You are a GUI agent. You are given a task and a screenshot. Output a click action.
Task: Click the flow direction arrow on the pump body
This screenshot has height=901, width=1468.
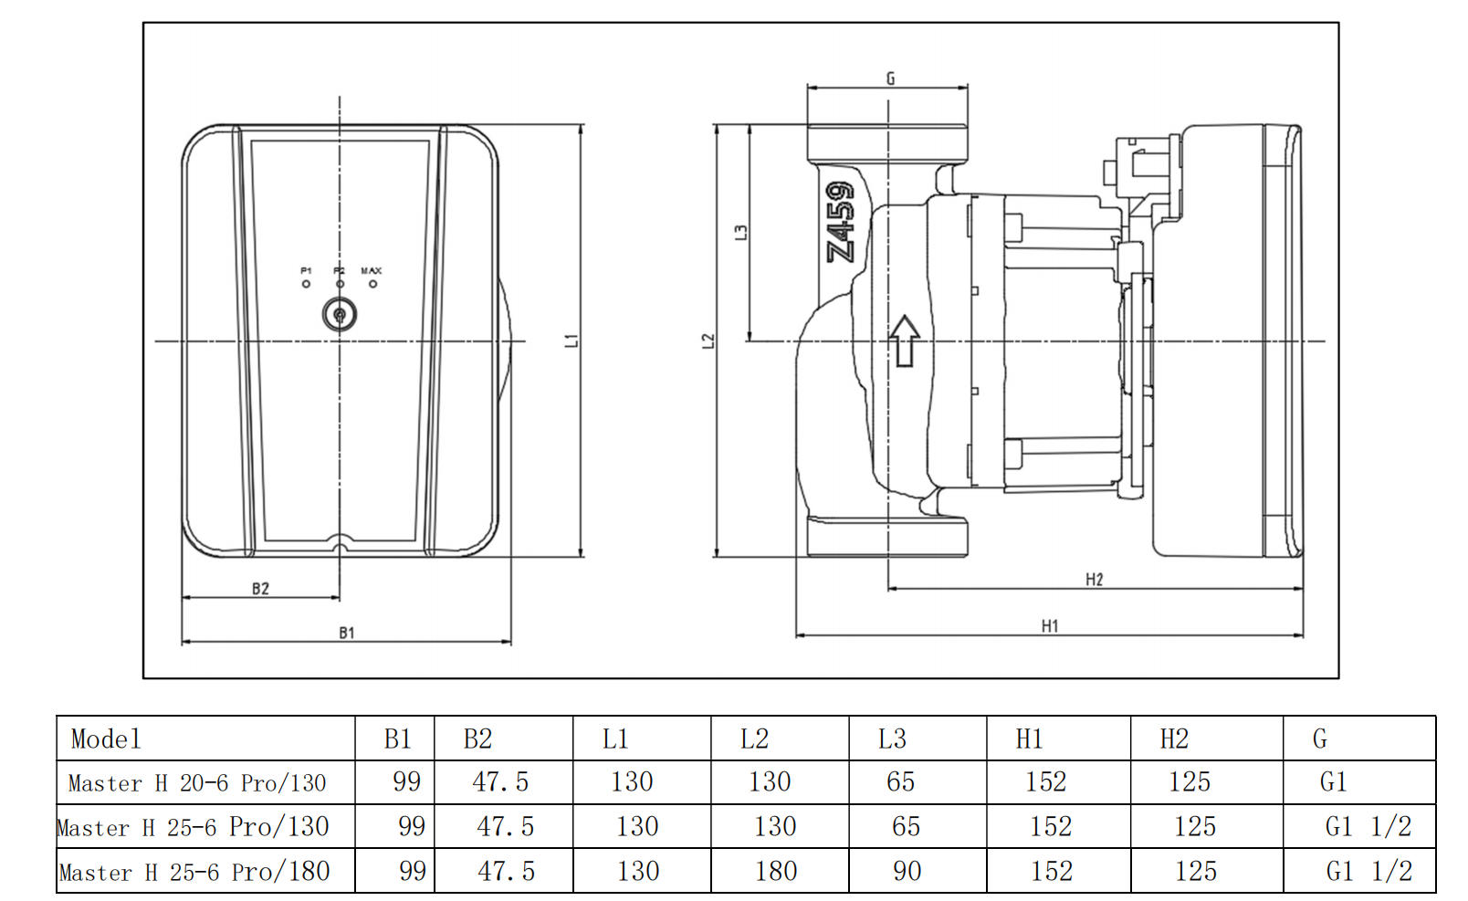coord(904,340)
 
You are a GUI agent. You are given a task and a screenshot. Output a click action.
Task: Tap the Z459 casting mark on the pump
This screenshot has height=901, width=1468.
coord(840,222)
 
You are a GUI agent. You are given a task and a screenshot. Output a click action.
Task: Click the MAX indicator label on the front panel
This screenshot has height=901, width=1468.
coord(372,271)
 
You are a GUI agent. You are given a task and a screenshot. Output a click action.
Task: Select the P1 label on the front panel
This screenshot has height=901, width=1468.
coord(306,271)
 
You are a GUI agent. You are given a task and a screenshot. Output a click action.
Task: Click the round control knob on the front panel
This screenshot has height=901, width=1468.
coord(340,315)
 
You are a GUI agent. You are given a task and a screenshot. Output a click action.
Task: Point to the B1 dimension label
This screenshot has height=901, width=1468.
coord(347,632)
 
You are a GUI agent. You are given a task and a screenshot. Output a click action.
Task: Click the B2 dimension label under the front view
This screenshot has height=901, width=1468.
coord(261,589)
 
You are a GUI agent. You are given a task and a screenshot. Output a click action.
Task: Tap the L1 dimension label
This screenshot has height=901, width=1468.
coord(571,340)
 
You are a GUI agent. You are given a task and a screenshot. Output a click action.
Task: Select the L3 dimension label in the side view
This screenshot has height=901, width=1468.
coord(741,233)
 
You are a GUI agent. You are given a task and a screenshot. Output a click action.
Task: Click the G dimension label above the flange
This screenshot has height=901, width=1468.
coord(890,79)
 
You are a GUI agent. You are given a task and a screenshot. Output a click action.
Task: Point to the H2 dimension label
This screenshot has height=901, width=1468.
coord(1094,579)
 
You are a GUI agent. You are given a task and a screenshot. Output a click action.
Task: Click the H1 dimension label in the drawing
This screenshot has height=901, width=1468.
coord(1050,625)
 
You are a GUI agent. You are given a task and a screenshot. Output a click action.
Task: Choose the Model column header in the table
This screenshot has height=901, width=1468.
coord(106,739)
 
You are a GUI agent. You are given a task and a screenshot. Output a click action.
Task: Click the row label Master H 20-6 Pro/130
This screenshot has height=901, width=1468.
coord(197,782)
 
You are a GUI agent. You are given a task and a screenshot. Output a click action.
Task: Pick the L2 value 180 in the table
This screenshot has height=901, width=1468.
coord(776,871)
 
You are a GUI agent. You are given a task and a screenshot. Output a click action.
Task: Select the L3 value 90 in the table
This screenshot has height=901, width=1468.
coord(907,871)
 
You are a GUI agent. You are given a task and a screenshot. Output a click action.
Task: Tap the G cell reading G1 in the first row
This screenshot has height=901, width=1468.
coord(1333,782)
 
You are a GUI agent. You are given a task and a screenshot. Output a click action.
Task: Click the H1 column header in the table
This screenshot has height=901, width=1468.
coord(1029,739)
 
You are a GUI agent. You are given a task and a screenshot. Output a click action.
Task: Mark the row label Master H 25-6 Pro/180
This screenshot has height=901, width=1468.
coord(194,872)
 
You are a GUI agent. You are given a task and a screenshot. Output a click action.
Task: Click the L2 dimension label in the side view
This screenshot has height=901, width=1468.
coord(708,340)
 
